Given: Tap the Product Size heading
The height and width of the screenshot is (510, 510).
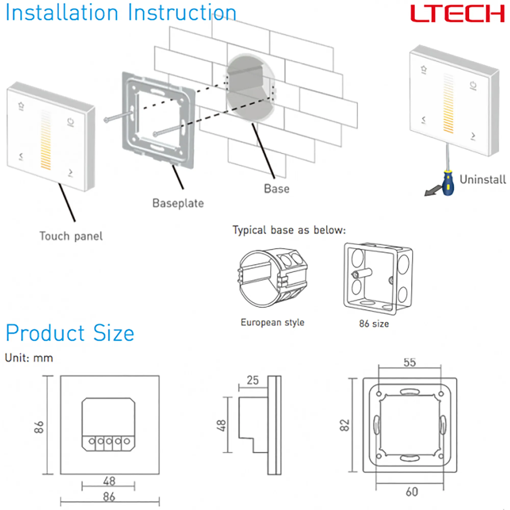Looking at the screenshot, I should [x=70, y=333].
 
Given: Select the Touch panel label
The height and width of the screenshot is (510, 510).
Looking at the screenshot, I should [x=71, y=236].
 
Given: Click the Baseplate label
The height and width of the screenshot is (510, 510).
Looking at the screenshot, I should [x=178, y=203].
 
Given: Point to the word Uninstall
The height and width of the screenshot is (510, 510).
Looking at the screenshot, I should [x=482, y=180].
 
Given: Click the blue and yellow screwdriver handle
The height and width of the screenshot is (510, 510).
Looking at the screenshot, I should [x=448, y=183].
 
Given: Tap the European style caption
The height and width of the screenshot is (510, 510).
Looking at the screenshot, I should [x=272, y=322].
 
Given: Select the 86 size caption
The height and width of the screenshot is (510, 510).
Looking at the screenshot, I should [x=374, y=324].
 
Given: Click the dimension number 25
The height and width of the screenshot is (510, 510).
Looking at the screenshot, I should [x=253, y=380].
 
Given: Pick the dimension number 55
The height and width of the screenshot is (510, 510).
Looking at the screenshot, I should [x=410, y=362].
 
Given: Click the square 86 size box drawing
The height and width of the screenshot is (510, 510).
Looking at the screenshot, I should [x=378, y=278].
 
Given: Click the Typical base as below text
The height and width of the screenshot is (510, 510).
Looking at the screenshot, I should [x=289, y=230].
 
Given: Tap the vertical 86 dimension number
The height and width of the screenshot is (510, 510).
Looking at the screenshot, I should [x=39, y=427].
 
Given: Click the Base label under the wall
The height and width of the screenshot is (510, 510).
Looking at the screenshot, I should [x=277, y=189].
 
